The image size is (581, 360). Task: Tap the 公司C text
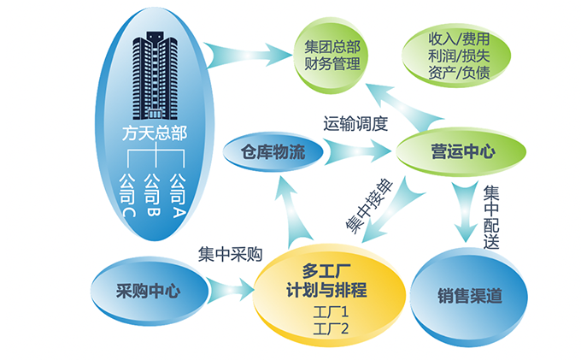point(126,195)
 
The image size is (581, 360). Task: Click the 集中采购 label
point(230,255)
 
